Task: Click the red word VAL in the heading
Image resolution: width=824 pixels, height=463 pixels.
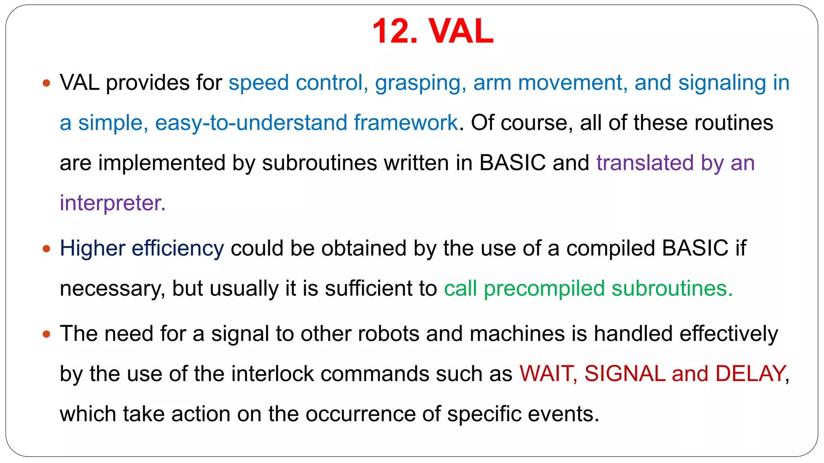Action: pyautogui.click(x=461, y=31)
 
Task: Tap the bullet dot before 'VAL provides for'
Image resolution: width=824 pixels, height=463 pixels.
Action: pyautogui.click(x=47, y=83)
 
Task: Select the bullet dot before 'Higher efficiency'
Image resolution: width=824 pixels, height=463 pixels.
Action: pyautogui.click(x=47, y=249)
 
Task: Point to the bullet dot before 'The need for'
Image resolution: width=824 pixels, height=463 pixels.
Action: pyautogui.click(x=47, y=334)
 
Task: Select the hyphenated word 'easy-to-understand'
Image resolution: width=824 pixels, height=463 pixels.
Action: pyautogui.click(x=251, y=123)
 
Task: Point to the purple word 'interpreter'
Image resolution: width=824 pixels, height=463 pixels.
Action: pyautogui.click(x=112, y=203)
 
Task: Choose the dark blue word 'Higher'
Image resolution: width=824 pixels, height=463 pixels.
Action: pyautogui.click(x=93, y=248)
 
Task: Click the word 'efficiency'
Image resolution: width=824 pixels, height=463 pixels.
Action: pyautogui.click(x=178, y=248)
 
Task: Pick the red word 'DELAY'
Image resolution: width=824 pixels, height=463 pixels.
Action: pyautogui.click(x=751, y=374)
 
